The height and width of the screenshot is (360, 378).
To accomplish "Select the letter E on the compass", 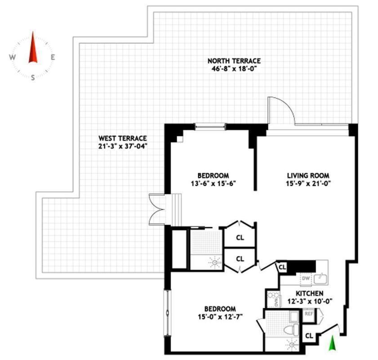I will coord(53,57).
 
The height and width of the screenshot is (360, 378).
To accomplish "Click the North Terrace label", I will coord(234,61).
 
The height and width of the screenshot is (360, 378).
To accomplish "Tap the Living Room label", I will coord(308,175).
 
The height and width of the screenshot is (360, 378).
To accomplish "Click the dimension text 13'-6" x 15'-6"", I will coord(213,183).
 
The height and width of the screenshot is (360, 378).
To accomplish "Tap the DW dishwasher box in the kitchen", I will coord(306,279).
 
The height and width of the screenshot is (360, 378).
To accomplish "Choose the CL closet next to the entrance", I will coord(309,335).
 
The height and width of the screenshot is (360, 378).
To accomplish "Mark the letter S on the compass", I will coord(33,77).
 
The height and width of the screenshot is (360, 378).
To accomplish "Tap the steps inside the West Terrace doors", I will coord(174,209).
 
